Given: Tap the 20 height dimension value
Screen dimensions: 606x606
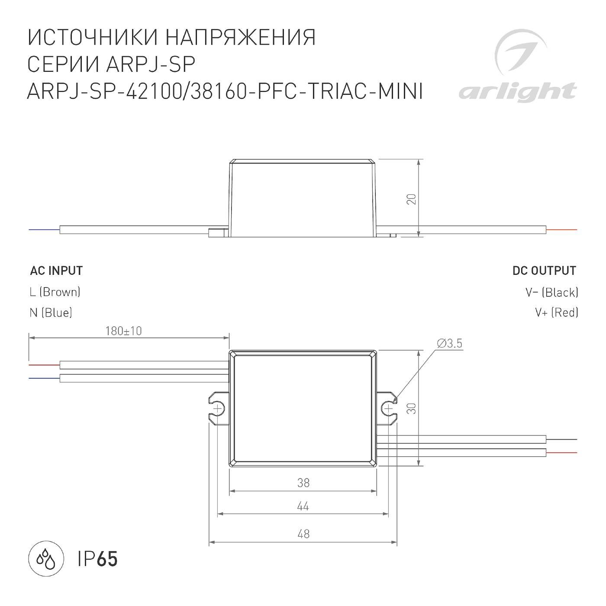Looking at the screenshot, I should pyautogui.click(x=412, y=200).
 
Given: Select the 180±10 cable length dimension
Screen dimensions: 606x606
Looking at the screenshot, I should pyautogui.click(x=123, y=331).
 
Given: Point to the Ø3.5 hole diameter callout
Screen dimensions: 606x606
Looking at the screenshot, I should pyautogui.click(x=449, y=344).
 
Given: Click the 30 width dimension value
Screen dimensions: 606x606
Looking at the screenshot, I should pyautogui.click(x=412, y=408).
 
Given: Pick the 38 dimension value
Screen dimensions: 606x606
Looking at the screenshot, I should pyautogui.click(x=303, y=483).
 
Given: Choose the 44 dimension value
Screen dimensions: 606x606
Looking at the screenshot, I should pyautogui.click(x=303, y=506).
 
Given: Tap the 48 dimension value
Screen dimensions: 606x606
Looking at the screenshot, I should pyautogui.click(x=303, y=534).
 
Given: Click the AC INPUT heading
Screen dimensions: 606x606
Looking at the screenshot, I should pyautogui.click(x=56, y=271).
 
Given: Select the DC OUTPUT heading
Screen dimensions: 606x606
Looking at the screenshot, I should pyautogui.click(x=544, y=271).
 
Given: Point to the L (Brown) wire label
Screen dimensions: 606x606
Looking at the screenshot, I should pyautogui.click(x=55, y=292).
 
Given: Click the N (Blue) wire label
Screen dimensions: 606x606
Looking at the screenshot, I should pyautogui.click(x=51, y=313).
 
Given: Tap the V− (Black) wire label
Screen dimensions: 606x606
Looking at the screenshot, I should pyautogui.click(x=551, y=293).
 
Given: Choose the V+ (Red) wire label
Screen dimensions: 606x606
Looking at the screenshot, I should pyautogui.click(x=556, y=313).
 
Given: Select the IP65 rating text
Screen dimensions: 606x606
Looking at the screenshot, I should pyautogui.click(x=98, y=559).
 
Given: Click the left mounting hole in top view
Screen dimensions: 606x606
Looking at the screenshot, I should pyautogui.click(x=219, y=408).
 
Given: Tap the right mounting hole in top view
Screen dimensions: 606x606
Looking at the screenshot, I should pyautogui.click(x=388, y=408).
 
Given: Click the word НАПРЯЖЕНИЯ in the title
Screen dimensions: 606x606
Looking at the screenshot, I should pyautogui.click(x=241, y=38).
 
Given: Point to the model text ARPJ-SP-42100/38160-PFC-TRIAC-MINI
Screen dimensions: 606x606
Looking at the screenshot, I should pyautogui.click(x=225, y=91).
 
